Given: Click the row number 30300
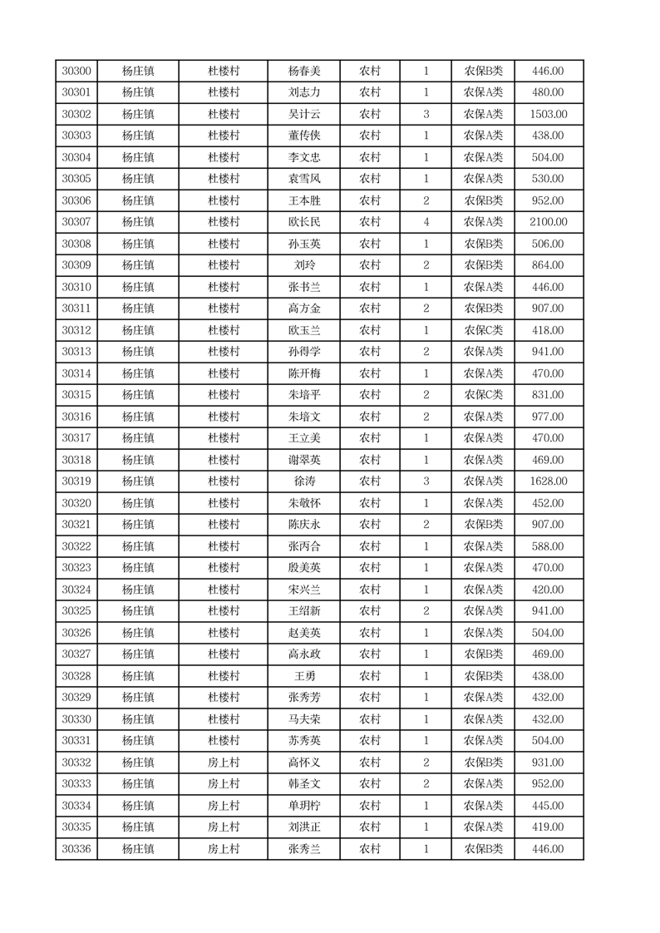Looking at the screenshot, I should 76,71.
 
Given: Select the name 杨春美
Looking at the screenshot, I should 303,71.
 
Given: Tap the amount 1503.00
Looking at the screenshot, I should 548,114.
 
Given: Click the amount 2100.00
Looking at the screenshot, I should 548,222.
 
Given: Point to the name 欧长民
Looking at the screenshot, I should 303,222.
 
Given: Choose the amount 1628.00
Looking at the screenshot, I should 548,481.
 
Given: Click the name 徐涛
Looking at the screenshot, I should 303,481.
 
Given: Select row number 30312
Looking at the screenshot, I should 76,330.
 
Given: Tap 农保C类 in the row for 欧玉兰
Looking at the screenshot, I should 483,330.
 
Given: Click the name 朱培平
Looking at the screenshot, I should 303,395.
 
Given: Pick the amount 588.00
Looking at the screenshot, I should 548,546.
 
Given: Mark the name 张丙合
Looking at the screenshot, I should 303,546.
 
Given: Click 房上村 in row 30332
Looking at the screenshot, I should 224,763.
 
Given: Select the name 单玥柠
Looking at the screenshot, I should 303,806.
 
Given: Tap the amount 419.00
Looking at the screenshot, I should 548,827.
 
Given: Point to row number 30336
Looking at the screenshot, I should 76,849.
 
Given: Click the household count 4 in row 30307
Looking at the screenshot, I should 426,222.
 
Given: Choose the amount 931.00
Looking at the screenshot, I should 548,763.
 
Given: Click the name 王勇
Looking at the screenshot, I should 303,676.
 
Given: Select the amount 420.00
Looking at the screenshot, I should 548,590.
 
